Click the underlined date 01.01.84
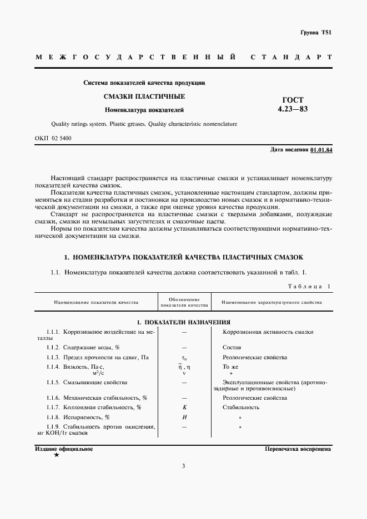(x=321, y=150)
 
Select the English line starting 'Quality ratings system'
(x=144, y=124)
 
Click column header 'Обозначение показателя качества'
(x=184, y=302)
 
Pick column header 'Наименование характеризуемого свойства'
(x=272, y=303)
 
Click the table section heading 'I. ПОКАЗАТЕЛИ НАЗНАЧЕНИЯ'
(x=184, y=322)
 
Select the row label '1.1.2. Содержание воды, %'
(x=83, y=347)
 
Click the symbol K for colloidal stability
(x=184, y=408)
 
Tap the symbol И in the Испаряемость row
(x=184, y=417)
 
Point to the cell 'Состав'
(x=232, y=347)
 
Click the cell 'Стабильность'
(x=241, y=408)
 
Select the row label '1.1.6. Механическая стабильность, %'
(x=97, y=398)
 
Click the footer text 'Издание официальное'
(x=64, y=449)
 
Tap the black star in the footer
(x=56, y=455)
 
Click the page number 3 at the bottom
(x=183, y=481)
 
